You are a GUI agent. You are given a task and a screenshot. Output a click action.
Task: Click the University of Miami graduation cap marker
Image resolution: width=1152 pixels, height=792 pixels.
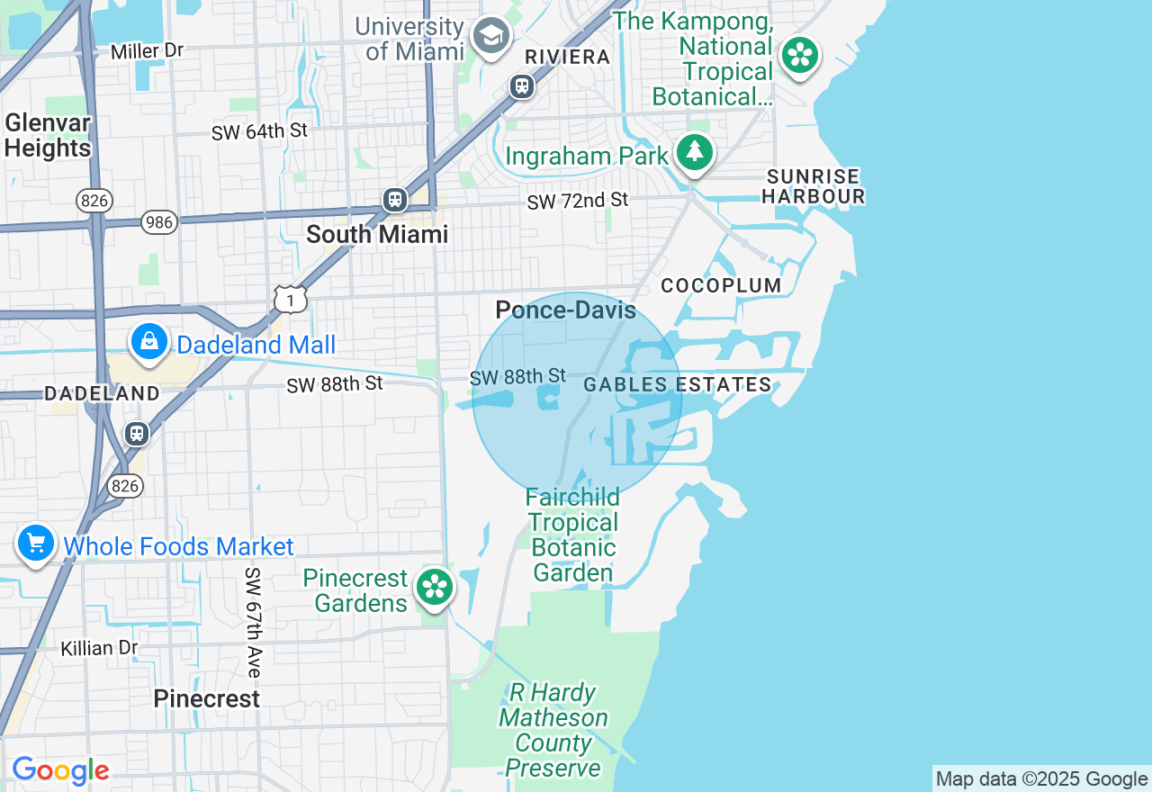(491, 36)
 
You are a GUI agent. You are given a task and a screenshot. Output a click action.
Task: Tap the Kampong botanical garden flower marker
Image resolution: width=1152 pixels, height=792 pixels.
(799, 56)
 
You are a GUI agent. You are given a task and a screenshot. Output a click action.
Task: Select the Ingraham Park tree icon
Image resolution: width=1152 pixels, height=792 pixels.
(694, 153)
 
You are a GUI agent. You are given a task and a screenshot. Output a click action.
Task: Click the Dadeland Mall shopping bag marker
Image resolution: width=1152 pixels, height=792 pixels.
(149, 342)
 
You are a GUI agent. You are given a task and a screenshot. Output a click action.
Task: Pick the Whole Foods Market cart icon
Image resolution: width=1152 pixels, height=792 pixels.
(36, 544)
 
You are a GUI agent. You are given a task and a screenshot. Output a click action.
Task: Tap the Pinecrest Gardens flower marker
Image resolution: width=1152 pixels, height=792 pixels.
(435, 588)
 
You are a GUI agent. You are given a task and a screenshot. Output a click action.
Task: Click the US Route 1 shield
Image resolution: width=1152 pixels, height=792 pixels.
(291, 299)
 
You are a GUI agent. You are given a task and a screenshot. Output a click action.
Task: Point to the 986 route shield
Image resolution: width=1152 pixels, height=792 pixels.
(159, 221)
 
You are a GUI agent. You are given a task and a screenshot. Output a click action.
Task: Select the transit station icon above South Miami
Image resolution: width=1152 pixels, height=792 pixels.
(394, 200)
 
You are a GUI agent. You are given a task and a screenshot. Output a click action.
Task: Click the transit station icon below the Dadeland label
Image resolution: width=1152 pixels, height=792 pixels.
(137, 433)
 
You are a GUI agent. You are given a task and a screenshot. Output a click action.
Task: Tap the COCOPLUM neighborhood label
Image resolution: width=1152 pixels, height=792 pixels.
(721, 286)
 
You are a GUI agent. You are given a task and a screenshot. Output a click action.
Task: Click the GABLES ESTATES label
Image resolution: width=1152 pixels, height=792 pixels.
(677, 385)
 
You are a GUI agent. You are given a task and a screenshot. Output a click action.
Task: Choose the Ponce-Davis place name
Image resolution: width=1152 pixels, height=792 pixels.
(565, 311)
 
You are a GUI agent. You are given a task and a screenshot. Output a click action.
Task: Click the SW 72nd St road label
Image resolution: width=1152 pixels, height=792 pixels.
(577, 201)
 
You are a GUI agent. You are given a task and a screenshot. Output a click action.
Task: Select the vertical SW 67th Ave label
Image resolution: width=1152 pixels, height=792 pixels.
(254, 622)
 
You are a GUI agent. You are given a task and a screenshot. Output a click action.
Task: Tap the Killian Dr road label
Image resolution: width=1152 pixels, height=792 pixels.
(99, 648)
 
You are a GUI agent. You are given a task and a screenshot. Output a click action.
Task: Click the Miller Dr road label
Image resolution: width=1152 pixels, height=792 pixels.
(147, 51)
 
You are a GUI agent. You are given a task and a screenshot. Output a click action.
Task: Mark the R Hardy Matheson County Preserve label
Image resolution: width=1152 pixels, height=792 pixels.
(553, 730)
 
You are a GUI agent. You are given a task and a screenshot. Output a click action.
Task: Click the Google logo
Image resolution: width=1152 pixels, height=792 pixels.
(60, 770)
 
